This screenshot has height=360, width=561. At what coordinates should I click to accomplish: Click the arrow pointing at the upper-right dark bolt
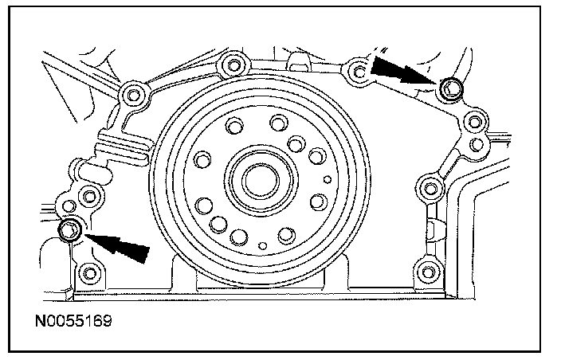pyautogui.click(x=403, y=71)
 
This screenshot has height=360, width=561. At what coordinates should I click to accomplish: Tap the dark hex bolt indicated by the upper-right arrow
pyautogui.click(x=449, y=88)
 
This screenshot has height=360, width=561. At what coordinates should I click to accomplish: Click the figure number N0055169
pyautogui.click(x=73, y=321)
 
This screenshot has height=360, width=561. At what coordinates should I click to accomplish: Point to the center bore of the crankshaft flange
pyautogui.click(x=261, y=181)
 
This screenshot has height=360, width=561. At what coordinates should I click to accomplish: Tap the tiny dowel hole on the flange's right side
pyautogui.click(x=328, y=179)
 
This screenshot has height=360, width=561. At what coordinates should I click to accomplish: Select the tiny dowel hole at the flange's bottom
pyautogui.click(x=263, y=246)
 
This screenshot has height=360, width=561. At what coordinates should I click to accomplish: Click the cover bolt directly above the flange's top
pyautogui.click(x=234, y=65)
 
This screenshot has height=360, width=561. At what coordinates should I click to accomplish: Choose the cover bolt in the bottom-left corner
pyautogui.click(x=89, y=274)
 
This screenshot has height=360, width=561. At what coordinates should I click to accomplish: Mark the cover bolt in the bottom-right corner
pyautogui.click(x=428, y=272)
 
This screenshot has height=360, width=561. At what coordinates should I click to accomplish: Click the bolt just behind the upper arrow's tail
pyautogui.click(x=359, y=72)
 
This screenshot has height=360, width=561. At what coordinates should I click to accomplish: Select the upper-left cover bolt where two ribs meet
pyautogui.click(x=134, y=95)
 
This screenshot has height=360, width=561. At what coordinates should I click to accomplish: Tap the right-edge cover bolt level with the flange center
pyautogui.click(x=430, y=188)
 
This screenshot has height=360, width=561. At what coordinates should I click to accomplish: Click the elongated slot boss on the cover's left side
pyautogui.click(x=94, y=170)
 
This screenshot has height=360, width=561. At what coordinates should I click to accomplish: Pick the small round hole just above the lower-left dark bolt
pyautogui.click(x=69, y=206)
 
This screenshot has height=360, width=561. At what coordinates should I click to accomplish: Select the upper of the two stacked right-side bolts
pyautogui.click(x=475, y=123)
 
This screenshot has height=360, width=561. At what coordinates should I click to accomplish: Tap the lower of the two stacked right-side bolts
pyautogui.click(x=477, y=144)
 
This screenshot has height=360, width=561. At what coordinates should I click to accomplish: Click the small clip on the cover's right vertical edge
pyautogui.click(x=432, y=229)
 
